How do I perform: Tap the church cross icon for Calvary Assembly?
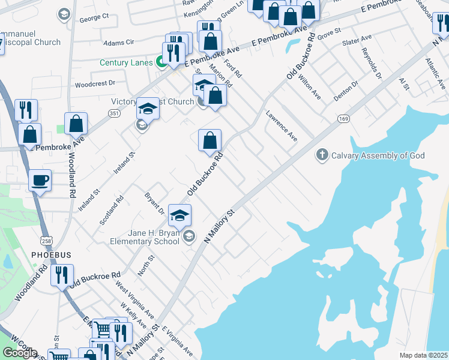tap(322, 155)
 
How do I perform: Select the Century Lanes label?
tap(122, 62)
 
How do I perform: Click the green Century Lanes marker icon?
tap(161, 61)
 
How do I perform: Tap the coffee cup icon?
tap(40, 181)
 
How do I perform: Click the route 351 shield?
tap(115, 113)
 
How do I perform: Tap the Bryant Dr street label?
tap(154, 203)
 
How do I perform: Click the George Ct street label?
tap(94, 18)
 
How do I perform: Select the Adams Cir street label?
tap(118, 43)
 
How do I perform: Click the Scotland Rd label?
tap(112, 210)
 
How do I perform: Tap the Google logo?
tap(20, 353)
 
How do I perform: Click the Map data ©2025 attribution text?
tap(424, 355)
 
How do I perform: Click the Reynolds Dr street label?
tap(372, 64)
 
